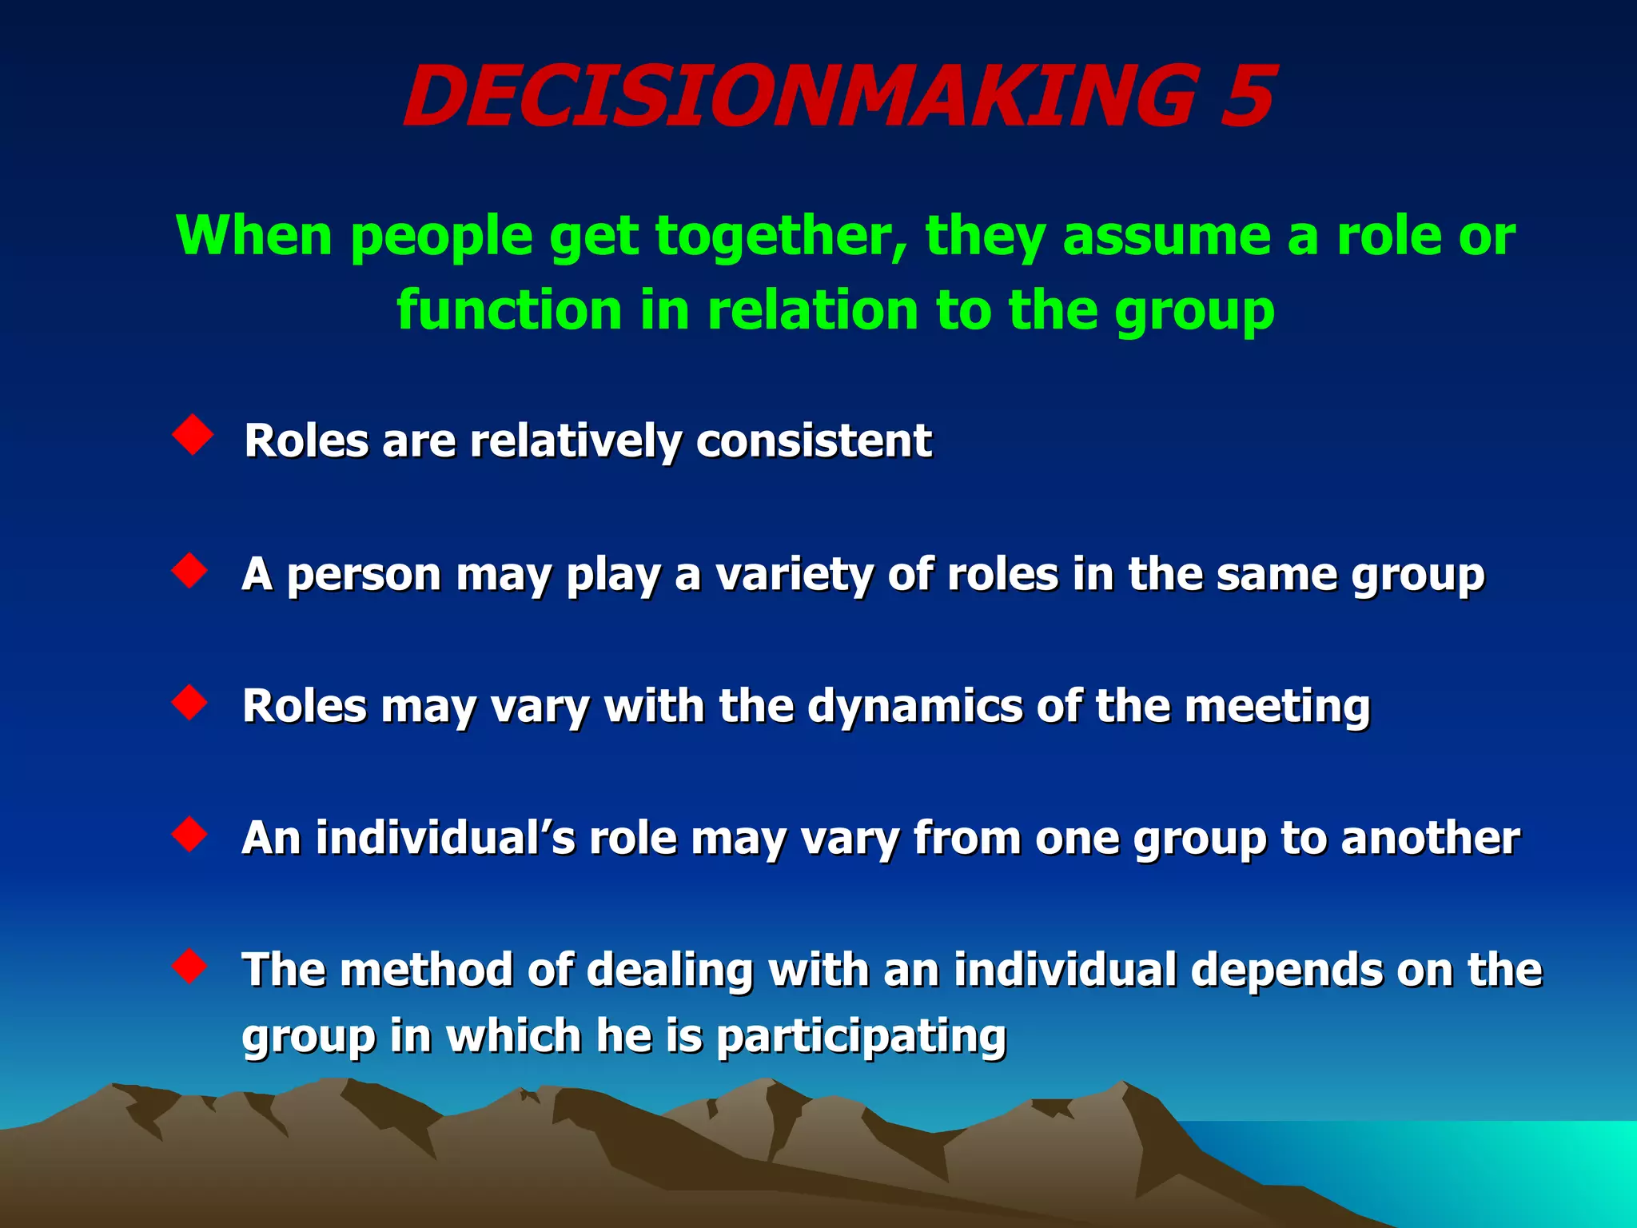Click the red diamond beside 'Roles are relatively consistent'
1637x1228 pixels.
[193, 435]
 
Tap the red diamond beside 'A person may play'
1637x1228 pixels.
[190, 571]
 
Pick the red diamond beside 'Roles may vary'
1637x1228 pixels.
[190, 703]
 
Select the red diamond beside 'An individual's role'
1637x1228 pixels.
[190, 835]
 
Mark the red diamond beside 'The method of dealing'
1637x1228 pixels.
[190, 966]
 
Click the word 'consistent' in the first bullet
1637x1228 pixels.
[813, 441]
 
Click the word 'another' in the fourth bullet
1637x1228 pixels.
[1430, 839]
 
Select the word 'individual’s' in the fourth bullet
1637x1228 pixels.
[444, 839]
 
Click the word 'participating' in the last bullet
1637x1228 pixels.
[860, 1037]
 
